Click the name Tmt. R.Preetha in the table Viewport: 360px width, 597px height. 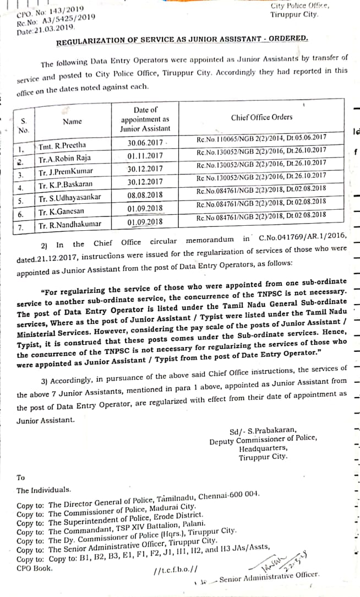[x=63, y=146]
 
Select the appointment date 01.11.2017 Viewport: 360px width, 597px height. [x=145, y=156]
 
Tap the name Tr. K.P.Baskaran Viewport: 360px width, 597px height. [x=66, y=184]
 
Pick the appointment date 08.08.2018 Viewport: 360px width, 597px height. [x=145, y=195]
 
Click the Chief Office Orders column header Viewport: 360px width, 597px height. [x=261, y=117]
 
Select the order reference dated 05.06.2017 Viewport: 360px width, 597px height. [x=261, y=137]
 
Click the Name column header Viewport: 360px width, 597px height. [x=72, y=121]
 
